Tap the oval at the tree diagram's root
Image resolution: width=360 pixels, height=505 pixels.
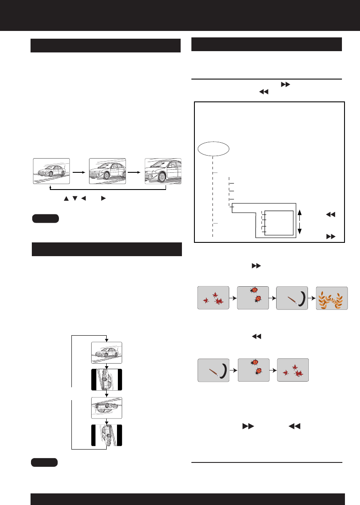214,149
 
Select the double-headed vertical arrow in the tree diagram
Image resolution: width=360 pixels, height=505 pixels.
300,222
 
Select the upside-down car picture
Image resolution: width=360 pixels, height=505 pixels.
107,408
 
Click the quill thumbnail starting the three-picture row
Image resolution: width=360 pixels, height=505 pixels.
214,370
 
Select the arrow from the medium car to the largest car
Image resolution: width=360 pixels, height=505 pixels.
135,171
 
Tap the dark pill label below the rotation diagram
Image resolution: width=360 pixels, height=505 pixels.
45,462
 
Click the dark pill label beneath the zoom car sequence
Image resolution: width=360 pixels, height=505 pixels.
45,219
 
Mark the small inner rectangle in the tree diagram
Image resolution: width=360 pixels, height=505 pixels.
278,223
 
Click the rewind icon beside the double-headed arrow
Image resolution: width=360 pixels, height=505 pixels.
331,214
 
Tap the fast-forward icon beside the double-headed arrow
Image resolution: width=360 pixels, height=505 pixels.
331,236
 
